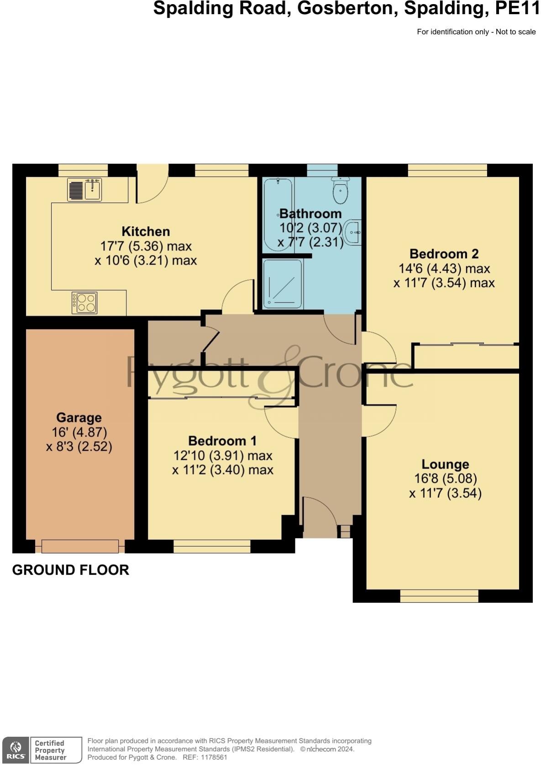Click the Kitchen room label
pyautogui.click(x=146, y=231)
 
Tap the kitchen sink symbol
pyautogui.click(x=84, y=189)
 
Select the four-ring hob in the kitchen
pyautogui.click(x=84, y=303)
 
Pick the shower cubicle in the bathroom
pyautogui.click(x=283, y=283)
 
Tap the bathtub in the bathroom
pyautogui.click(x=278, y=214)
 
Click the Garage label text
pyautogui.click(x=79, y=418)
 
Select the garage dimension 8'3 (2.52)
pyautogui.click(x=79, y=447)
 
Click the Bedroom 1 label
pyautogui.click(x=222, y=441)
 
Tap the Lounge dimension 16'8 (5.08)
pyautogui.click(x=445, y=479)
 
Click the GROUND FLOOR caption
pyautogui.click(x=71, y=570)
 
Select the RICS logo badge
pyautogui.click(x=15, y=750)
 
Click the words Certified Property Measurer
pyautogui.click(x=50, y=750)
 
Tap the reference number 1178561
pyautogui.click(x=211, y=757)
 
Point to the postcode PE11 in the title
pyautogui.click(x=518, y=8)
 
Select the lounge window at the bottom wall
pyautogui.click(x=439, y=596)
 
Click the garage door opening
pyautogui.click(x=80, y=546)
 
